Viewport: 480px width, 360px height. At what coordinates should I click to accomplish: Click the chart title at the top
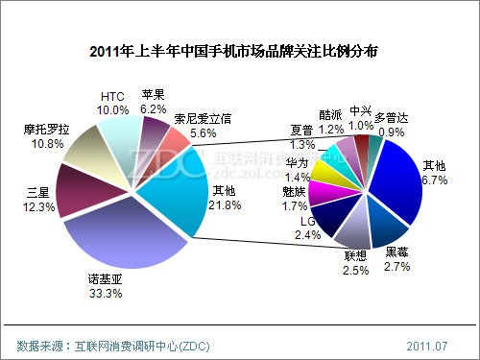point(240,50)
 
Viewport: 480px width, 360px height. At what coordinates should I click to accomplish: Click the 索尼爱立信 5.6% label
point(204,125)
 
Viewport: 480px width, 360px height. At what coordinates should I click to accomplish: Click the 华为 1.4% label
point(298,170)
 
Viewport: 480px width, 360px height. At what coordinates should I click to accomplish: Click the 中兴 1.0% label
point(362,116)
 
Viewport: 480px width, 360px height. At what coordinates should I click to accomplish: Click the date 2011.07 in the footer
point(425,343)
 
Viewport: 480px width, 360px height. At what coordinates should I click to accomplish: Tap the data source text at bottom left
point(113,343)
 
